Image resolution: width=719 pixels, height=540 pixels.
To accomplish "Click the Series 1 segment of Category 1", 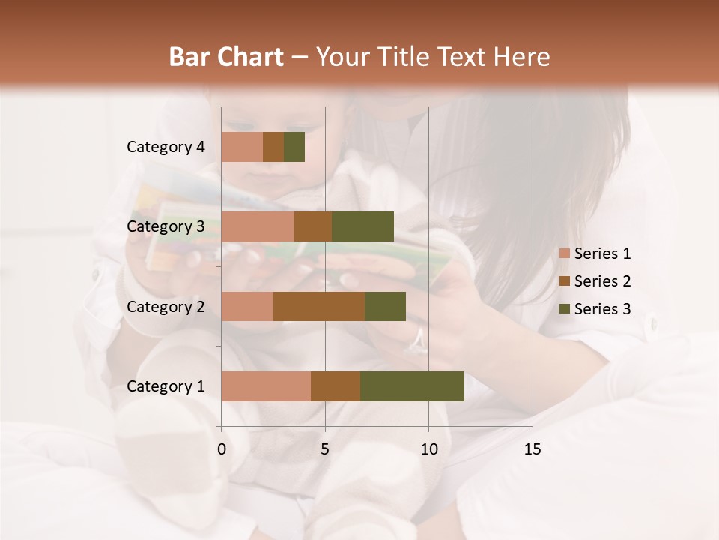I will pyautogui.click(x=266, y=385).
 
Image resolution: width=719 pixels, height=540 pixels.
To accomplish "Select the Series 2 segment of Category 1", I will pyautogui.click(x=336, y=385).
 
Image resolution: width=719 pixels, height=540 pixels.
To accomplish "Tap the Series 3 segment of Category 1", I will pyautogui.click(x=412, y=385).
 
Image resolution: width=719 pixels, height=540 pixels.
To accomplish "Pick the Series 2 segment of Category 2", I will pyautogui.click(x=319, y=306).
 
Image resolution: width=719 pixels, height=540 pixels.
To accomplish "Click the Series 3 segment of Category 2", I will pyautogui.click(x=385, y=306).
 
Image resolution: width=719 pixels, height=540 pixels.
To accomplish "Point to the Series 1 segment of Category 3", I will pyautogui.click(x=258, y=226).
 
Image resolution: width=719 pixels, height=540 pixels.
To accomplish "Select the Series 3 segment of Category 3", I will pyautogui.click(x=362, y=226).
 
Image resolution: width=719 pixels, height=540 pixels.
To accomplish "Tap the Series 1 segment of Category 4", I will pyautogui.click(x=242, y=147).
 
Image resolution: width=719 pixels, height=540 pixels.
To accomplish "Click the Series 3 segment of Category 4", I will pyautogui.click(x=294, y=147).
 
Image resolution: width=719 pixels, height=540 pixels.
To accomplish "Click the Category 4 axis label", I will pyautogui.click(x=166, y=147).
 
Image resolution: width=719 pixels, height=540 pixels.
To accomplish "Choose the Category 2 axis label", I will pyautogui.click(x=166, y=306).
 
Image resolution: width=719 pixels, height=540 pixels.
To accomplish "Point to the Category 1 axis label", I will pyautogui.click(x=166, y=385).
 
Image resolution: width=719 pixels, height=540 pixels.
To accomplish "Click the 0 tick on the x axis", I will pyautogui.click(x=222, y=449).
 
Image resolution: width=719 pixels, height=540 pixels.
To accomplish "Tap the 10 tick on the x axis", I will pyautogui.click(x=428, y=449).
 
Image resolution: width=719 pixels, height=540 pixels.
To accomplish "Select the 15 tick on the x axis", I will pyautogui.click(x=533, y=449).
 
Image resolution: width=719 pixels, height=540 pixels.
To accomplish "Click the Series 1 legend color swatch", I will pyautogui.click(x=564, y=253).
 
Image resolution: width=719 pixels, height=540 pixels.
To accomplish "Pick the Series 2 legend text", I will pyautogui.click(x=602, y=281).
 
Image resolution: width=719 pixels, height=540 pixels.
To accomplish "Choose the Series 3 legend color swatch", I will pyautogui.click(x=564, y=309).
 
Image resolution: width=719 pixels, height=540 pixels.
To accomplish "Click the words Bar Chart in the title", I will pyautogui.click(x=226, y=57).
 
